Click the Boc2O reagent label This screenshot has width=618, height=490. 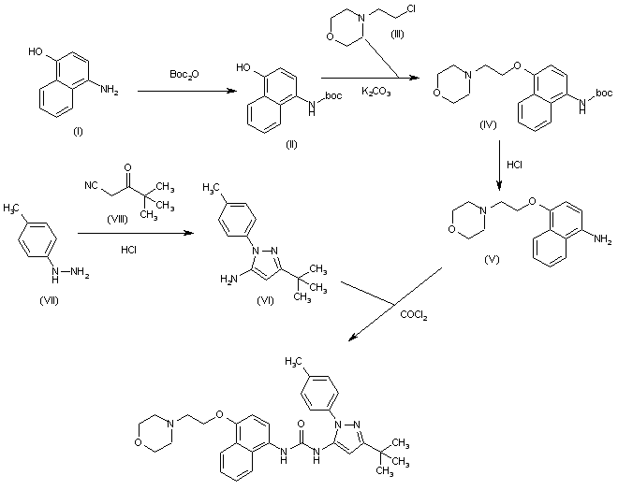point(184,75)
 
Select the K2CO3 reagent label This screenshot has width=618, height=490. point(376,92)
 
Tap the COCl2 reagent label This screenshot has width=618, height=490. point(414,315)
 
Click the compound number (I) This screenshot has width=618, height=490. point(78,132)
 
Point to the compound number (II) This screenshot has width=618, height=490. point(291,144)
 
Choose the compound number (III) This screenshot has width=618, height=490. point(397,35)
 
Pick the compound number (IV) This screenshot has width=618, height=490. point(488,124)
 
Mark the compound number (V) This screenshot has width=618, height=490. point(492,259)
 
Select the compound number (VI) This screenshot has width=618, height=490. point(265,301)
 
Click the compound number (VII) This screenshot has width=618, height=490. point(50,301)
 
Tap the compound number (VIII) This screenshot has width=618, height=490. point(117,219)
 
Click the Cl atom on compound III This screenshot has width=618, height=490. point(410,9)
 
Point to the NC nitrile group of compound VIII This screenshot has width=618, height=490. point(91,185)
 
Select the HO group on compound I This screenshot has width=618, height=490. point(36,51)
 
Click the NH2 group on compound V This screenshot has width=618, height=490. point(603,239)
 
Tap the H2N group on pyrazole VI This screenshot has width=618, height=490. point(229,280)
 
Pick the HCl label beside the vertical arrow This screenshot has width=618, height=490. point(515,165)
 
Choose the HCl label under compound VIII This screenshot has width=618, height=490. point(129,250)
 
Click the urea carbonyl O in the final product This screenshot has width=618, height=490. point(302,425)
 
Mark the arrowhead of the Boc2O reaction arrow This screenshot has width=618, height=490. point(233,92)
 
